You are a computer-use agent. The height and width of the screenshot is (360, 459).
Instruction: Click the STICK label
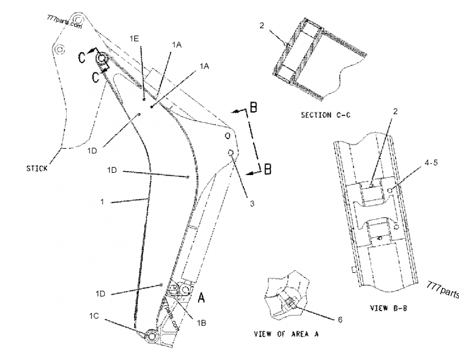pyautogui.click(x=37, y=169)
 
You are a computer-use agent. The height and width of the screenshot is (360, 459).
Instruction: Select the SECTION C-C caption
pyautogui.click(x=325, y=115)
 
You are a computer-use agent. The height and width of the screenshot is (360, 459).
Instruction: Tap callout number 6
pyautogui.click(x=339, y=319)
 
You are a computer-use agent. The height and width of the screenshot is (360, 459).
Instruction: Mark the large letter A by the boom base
pyautogui.click(x=201, y=298)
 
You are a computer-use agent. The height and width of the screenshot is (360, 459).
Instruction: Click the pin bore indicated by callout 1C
pyautogui.click(x=152, y=335)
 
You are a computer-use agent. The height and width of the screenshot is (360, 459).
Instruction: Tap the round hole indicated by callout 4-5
pyautogui.click(x=390, y=191)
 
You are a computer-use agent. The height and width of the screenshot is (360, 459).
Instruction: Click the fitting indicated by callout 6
pyautogui.click(x=289, y=303)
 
